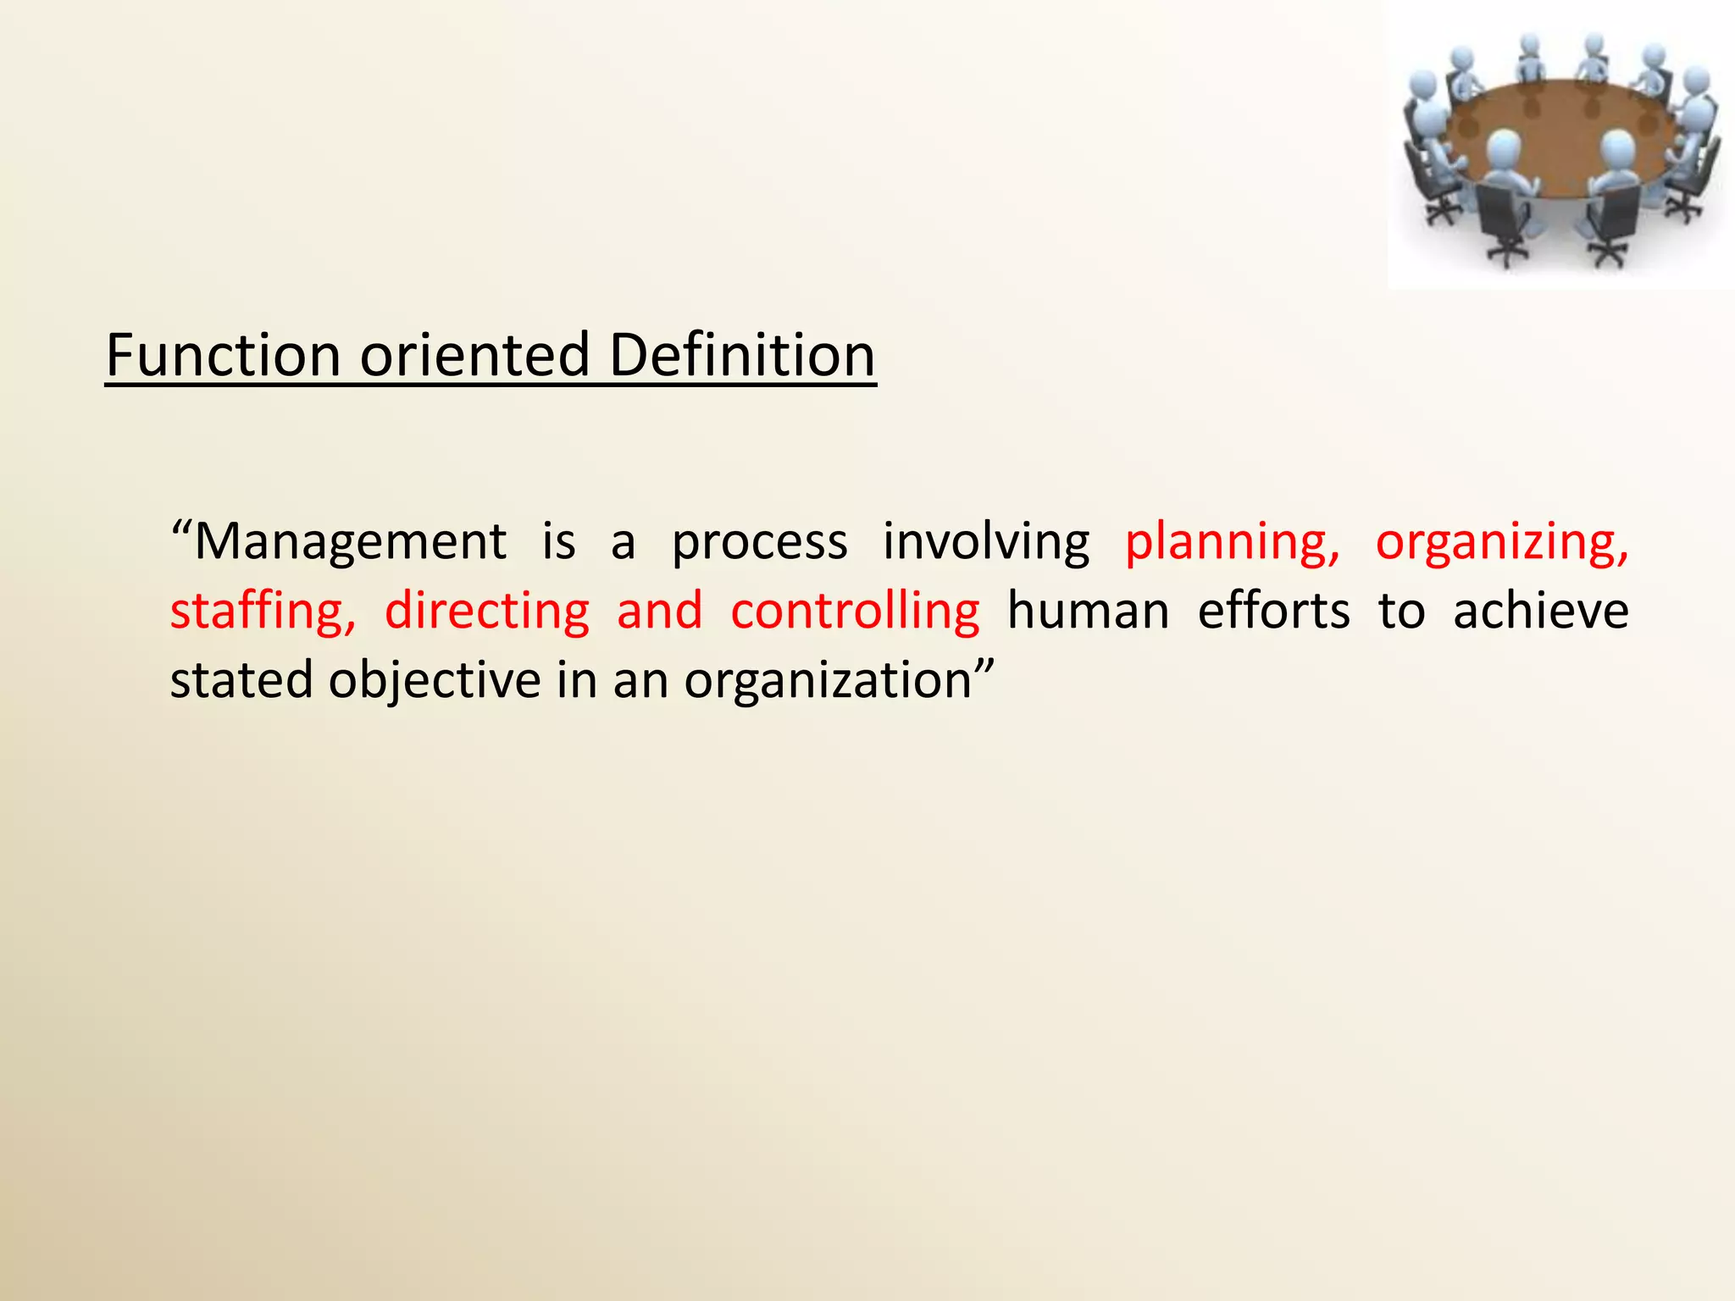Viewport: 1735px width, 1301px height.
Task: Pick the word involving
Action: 986,542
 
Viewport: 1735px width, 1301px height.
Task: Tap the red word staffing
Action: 263,612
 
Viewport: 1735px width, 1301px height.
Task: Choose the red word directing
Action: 487,612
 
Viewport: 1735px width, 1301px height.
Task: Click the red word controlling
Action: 855,612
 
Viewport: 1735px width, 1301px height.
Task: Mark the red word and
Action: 660,612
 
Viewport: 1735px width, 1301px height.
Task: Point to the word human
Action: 1088,612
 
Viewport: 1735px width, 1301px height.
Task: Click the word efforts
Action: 1273,612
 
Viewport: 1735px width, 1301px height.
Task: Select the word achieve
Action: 1540,612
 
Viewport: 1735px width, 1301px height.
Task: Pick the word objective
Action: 435,682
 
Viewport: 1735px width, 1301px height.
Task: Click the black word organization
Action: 828,682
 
